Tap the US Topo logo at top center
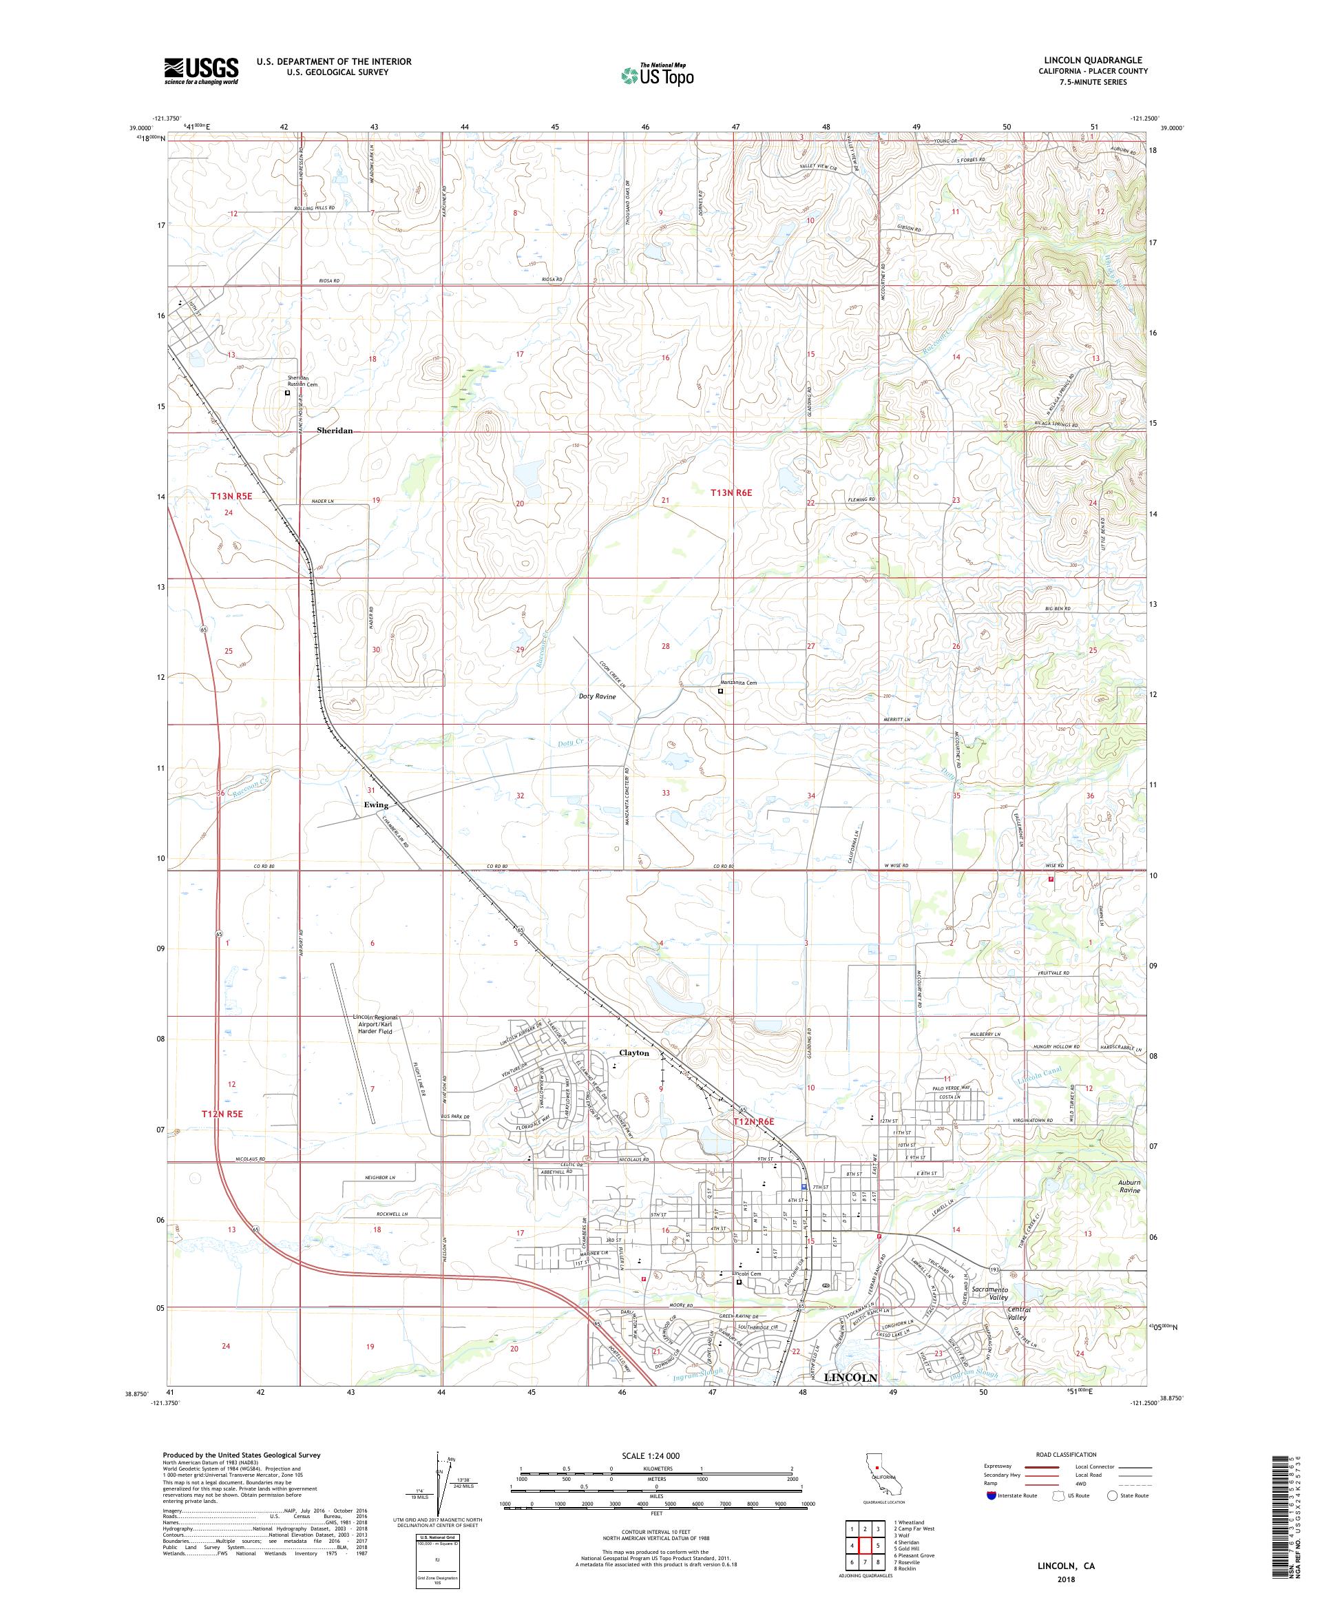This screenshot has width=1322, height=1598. [x=658, y=74]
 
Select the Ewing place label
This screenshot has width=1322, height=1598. [x=376, y=805]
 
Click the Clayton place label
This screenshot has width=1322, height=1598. [x=633, y=1053]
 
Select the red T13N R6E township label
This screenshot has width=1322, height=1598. [x=731, y=493]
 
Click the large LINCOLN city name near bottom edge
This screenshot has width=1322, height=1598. [x=850, y=1378]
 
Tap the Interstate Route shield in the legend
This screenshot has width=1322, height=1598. [x=991, y=1495]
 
